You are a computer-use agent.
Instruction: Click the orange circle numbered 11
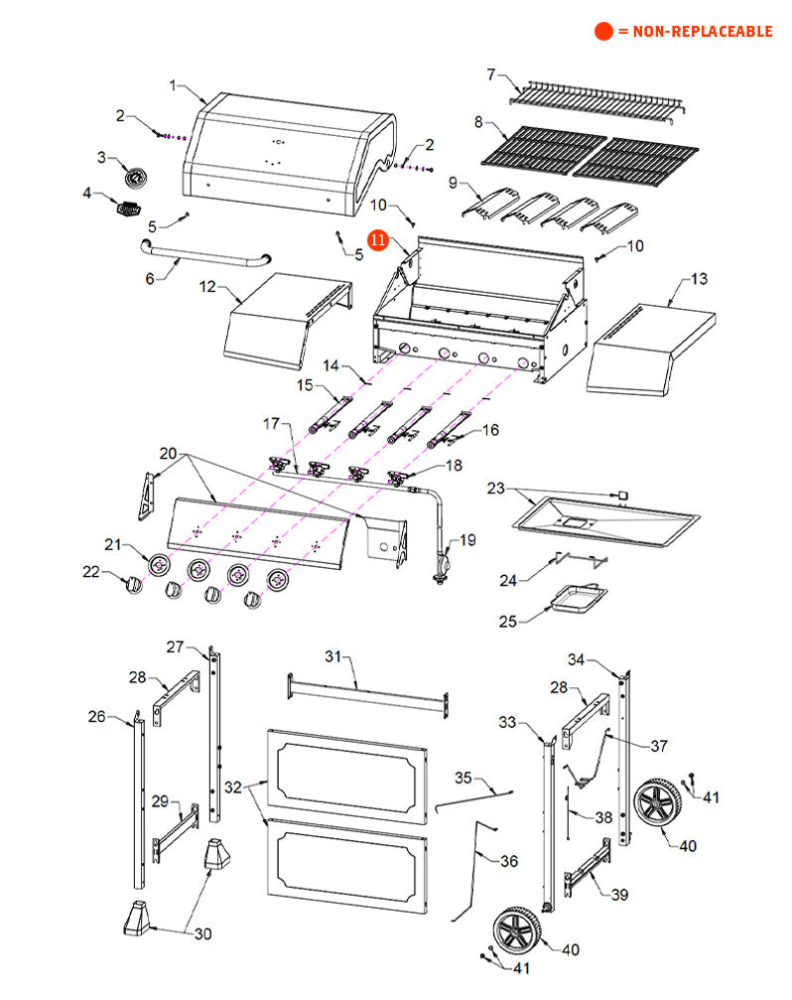click(x=378, y=240)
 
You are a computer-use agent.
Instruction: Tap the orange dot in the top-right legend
click(x=603, y=31)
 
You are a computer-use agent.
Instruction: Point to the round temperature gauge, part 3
click(x=135, y=177)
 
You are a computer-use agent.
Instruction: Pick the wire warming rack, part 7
click(x=595, y=100)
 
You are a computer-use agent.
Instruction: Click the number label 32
click(x=232, y=786)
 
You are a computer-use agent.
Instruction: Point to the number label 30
click(x=201, y=932)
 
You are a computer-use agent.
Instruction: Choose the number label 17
click(x=271, y=424)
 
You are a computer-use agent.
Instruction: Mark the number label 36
click(x=508, y=861)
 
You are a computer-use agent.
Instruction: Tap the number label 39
click(x=619, y=895)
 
